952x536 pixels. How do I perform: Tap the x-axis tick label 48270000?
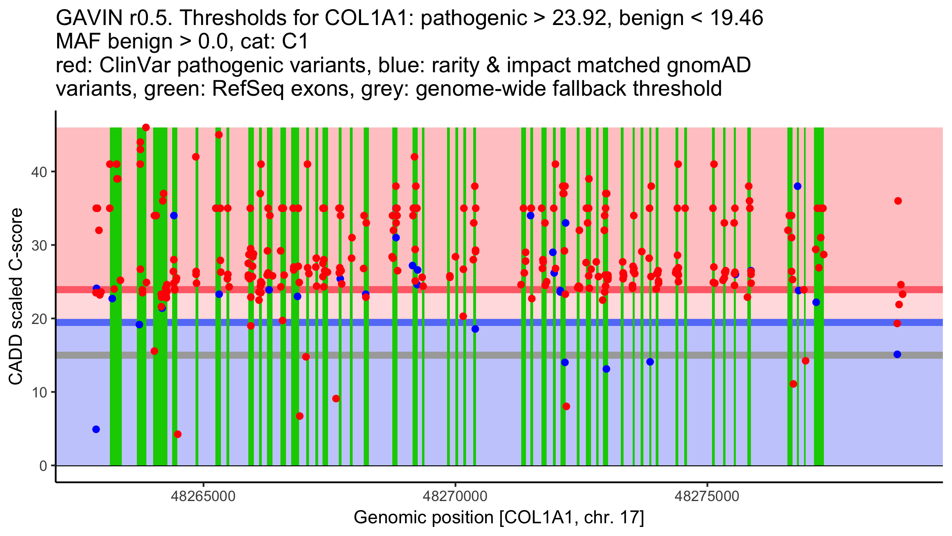click(455, 496)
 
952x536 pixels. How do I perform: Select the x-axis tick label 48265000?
click(203, 496)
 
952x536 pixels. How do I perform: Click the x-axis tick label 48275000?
click(707, 496)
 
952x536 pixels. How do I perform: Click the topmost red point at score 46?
click(146, 127)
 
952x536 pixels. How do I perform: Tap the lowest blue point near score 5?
click(96, 429)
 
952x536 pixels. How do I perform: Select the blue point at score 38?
click(798, 186)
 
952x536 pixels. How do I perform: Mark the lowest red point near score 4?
click(178, 434)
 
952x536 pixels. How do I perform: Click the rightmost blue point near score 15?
click(897, 354)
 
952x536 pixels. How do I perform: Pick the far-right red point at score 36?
click(898, 201)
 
